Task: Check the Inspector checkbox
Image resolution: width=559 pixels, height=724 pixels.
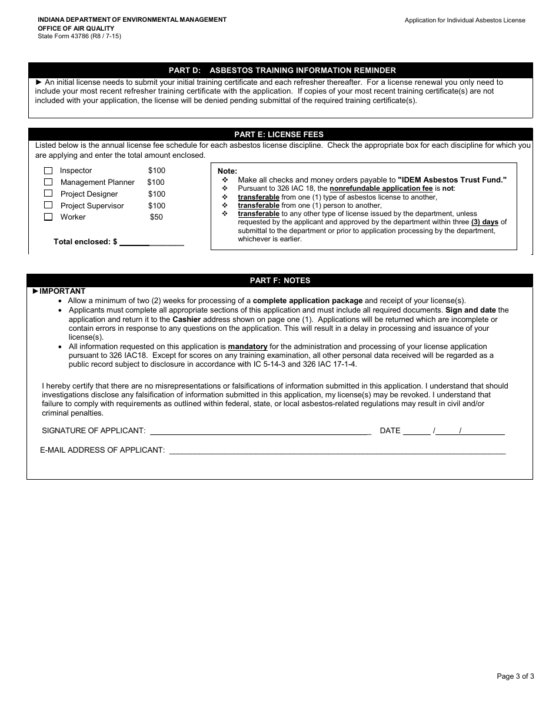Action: tap(48, 171)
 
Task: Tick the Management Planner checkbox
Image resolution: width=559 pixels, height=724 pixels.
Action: tap(48, 182)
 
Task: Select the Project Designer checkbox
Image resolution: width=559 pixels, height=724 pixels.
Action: tap(48, 194)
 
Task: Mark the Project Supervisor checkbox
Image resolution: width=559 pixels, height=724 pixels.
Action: tap(48, 205)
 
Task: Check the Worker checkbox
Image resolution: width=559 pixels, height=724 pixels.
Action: tap(48, 217)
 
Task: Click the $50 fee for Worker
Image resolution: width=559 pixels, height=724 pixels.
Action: tap(157, 217)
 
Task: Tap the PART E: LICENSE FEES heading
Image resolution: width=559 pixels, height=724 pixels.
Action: tap(279, 135)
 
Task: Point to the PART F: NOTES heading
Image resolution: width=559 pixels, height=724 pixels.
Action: tap(280, 281)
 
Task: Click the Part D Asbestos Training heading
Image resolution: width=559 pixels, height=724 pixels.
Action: tap(282, 70)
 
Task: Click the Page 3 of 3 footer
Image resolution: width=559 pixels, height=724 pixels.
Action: tap(515, 676)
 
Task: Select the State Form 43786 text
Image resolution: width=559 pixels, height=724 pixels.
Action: tap(79, 36)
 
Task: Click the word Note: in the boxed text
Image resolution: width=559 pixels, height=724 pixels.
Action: tap(227, 171)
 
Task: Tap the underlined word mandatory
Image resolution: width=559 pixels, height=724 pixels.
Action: tap(248, 347)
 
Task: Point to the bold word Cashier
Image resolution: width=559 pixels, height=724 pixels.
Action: tap(187, 320)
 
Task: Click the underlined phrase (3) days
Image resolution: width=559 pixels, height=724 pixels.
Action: tap(485, 222)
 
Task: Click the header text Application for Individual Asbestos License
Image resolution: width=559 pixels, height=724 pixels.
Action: tap(465, 20)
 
